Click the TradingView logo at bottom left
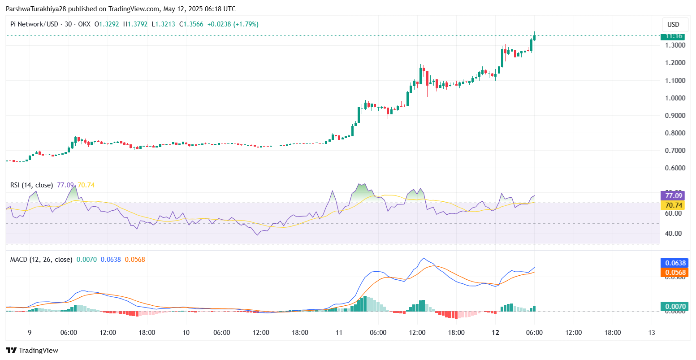point(32,351)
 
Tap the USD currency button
point(673,25)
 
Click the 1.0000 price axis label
point(675,98)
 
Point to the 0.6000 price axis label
point(675,168)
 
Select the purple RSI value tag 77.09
point(674,195)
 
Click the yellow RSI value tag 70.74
point(674,205)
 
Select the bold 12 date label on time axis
point(495,333)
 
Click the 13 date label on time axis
point(652,333)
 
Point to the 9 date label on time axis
point(30,333)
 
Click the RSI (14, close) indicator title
point(31,185)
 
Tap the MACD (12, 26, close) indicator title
point(41,260)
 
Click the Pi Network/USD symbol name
point(34,24)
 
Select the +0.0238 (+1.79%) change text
point(233,24)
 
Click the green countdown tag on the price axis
point(674,36)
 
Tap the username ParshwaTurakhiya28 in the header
point(35,9)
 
